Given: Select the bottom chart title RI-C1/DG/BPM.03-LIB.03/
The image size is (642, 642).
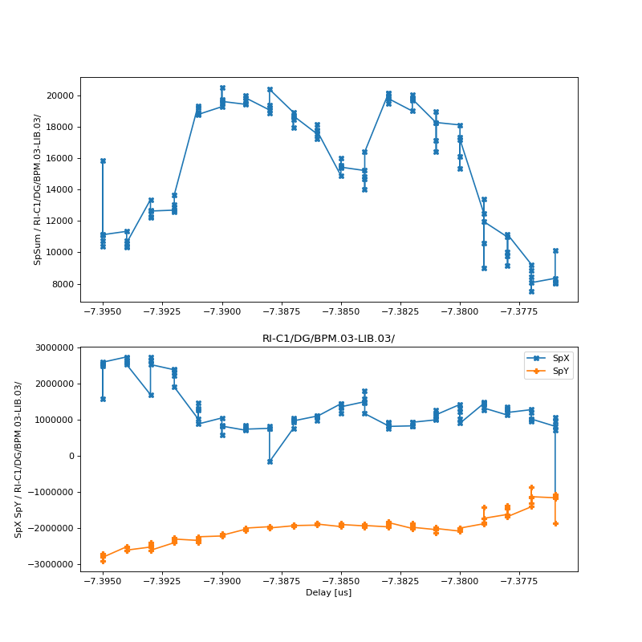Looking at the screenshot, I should tap(328, 339).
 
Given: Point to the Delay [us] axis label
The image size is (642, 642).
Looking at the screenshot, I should tap(328, 592).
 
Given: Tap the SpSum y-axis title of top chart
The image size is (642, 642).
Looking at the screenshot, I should tap(38, 189).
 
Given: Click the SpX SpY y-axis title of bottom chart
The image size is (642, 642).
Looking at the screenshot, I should tap(18, 459).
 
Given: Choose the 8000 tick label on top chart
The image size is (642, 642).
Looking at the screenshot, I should tap(64, 284).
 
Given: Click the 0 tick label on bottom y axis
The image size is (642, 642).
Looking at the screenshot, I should tap(72, 456).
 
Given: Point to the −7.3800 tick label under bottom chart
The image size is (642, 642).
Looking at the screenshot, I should tap(460, 582).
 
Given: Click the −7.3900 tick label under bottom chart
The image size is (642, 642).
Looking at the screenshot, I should tap(222, 582).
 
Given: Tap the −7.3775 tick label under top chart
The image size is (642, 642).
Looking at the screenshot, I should tap(519, 312).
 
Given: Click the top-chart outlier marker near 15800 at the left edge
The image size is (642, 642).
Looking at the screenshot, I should tap(103, 160).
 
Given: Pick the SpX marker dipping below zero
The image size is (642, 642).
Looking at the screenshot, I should tap(270, 461).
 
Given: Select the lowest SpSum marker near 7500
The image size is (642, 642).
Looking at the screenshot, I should tap(531, 291).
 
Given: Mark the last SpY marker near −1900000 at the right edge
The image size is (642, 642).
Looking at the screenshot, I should tap(555, 523).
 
